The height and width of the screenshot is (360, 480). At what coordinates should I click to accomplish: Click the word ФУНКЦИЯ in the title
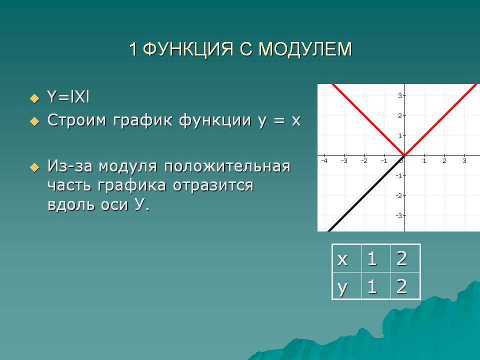[x=188, y=49]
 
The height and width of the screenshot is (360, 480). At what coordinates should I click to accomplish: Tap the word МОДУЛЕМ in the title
[x=305, y=49]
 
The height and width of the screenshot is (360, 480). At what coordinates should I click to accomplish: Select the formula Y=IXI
[x=68, y=97]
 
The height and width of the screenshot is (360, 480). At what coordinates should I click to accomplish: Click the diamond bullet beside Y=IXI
[x=35, y=98]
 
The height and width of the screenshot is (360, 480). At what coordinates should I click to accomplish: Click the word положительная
[x=227, y=167]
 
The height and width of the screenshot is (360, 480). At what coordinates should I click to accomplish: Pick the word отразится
[x=213, y=186]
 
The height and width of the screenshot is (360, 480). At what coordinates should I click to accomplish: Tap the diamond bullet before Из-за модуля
[x=35, y=167]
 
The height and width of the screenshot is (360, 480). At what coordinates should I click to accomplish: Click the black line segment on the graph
[x=366, y=193]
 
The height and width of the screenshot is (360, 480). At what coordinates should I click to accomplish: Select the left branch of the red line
[x=368, y=119]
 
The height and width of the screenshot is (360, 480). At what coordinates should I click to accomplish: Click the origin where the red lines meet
[x=404, y=155]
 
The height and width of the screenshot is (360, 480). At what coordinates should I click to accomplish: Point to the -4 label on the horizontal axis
[x=324, y=160]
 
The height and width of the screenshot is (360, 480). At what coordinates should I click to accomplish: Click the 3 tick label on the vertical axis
[x=400, y=96]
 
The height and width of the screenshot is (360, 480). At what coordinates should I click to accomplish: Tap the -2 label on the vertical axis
[x=398, y=195]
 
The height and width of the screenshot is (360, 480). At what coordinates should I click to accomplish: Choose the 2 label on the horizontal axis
[x=444, y=160]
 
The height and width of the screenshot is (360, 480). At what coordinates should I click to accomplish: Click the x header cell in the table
[x=347, y=258]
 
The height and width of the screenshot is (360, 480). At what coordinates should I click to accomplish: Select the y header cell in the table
[x=347, y=286]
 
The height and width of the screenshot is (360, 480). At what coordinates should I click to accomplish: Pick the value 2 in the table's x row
[x=401, y=258]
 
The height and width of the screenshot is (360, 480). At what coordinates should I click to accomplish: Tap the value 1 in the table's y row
[x=372, y=286]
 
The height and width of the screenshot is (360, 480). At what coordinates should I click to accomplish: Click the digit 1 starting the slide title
[x=133, y=49]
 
